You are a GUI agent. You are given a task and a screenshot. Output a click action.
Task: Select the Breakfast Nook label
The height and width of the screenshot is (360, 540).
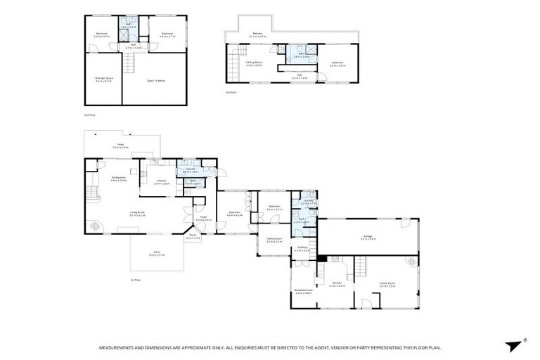[x=303, y=292]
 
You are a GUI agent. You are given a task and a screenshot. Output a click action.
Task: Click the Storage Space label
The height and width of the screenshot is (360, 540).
[x=104, y=80]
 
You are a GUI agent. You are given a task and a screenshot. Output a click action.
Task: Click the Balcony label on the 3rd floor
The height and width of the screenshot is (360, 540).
[x=257, y=33]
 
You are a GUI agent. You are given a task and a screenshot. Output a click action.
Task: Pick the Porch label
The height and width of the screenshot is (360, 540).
[x=193, y=237]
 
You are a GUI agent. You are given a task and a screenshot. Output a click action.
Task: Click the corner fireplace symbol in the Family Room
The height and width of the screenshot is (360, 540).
[x=412, y=262]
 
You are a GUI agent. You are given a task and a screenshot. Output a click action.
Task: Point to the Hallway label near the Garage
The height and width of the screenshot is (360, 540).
[x=303, y=247]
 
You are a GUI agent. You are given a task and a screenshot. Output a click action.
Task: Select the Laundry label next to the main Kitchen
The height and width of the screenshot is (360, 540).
[x=190, y=169]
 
